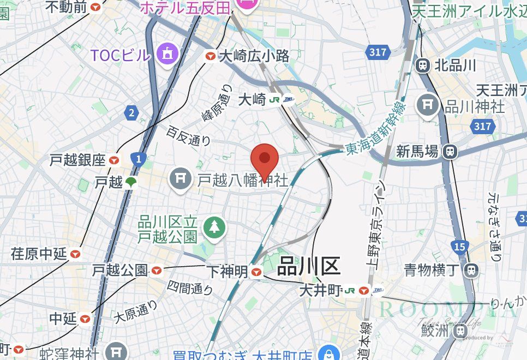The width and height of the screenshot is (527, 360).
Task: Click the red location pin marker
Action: [x=265, y=160]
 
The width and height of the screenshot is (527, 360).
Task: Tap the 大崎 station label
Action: [x=252, y=99]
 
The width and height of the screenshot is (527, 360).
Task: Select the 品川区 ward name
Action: [x=309, y=267]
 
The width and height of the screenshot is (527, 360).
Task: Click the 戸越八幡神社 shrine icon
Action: [x=180, y=178]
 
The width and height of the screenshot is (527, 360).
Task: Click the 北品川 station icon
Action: [x=422, y=65]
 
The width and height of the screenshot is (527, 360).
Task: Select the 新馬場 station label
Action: [x=418, y=151]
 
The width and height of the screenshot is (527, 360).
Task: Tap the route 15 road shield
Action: [x=459, y=247]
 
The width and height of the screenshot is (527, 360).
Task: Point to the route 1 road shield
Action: [x=139, y=159]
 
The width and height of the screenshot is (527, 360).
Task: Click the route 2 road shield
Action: [x=130, y=113]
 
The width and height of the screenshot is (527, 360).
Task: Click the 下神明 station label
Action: [x=227, y=271]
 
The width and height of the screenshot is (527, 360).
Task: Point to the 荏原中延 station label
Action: [x=39, y=254]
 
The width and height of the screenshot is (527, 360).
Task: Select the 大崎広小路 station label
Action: [x=254, y=56]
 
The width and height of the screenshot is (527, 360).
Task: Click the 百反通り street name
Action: [x=189, y=135]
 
